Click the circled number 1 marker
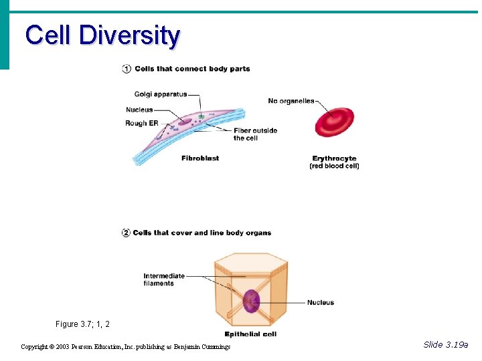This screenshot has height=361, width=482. (x=126, y=69)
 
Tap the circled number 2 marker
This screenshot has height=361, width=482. (x=126, y=233)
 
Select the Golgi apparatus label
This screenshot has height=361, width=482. (x=161, y=94)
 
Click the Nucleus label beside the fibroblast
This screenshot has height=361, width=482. (x=139, y=110)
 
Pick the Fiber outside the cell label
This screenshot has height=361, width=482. (x=255, y=134)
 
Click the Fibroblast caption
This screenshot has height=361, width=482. (x=200, y=158)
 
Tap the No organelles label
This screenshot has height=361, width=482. (x=291, y=101)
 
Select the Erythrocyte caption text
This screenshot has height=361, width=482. (x=334, y=158)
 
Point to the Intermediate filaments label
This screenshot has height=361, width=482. (x=163, y=279)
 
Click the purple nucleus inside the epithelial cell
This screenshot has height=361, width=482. (x=251, y=302)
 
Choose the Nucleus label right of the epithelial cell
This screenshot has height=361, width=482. (x=321, y=303)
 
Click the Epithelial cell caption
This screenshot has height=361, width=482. (x=250, y=334)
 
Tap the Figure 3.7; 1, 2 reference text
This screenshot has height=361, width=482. (x=82, y=324)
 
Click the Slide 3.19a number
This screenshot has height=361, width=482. (x=446, y=345)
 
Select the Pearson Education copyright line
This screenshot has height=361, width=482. (x=125, y=347)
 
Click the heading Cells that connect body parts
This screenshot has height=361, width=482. (x=192, y=69)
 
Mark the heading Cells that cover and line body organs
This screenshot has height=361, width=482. (x=202, y=233)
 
